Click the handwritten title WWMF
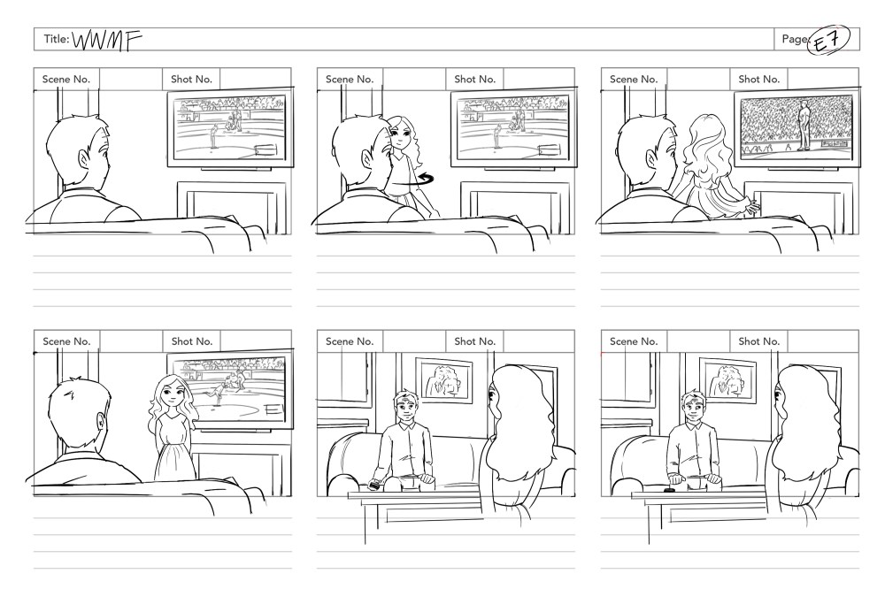coord(107,40)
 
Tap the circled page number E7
coord(828,40)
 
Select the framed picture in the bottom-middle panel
coord(444,380)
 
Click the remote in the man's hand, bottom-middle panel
coord(375,483)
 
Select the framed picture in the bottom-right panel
coord(728,380)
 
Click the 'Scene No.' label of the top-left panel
coord(66,80)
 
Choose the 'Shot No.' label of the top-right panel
coord(758,80)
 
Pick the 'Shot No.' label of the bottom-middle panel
coord(474,341)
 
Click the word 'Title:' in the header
coord(57,39)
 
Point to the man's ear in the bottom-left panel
coord(100,423)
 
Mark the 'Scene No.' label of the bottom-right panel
coord(634,341)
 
